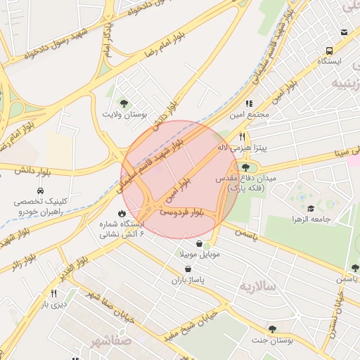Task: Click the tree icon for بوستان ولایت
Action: pyautogui.click(x=124, y=103)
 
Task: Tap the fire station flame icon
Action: pyautogui.click(x=122, y=212)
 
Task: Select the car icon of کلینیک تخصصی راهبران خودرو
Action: pyautogui.click(x=40, y=191)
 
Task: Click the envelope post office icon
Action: pyautogui.click(x=344, y=32)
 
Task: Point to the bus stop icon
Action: pyautogui.click(x=329, y=51)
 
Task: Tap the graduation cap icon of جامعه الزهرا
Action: pyautogui.click(x=311, y=208)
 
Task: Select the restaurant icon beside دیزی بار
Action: pyautogui.click(x=53, y=293)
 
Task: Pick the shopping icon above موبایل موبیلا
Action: pyautogui.click(x=200, y=243)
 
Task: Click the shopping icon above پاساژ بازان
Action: pyautogui.click(x=179, y=269)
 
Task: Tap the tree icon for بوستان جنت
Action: pyautogui.click(x=272, y=329)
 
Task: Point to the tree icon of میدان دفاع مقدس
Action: pyautogui.click(x=245, y=167)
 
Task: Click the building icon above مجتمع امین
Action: pyautogui.click(x=249, y=103)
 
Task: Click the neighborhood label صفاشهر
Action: pyautogui.click(x=110, y=341)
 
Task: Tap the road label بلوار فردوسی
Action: pyautogui.click(x=181, y=211)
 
